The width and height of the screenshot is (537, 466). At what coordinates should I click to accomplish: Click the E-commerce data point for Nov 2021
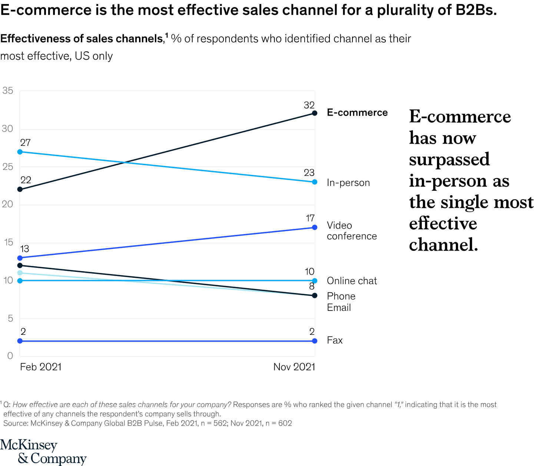point(315,113)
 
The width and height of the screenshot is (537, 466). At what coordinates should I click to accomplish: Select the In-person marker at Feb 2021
point(20,152)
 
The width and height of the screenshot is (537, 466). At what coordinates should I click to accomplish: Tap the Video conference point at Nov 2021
point(315,227)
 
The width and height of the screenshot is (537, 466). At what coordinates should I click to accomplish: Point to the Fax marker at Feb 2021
point(20,341)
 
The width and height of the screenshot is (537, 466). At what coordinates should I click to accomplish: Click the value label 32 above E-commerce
point(309,105)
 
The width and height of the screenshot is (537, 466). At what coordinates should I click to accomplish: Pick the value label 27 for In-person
point(25,143)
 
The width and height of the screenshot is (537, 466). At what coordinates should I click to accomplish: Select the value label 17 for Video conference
point(310,218)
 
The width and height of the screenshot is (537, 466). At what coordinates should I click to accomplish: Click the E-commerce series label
point(357,113)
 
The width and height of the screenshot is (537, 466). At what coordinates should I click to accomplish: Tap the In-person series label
point(348,183)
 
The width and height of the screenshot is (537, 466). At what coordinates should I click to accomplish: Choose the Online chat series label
point(352,281)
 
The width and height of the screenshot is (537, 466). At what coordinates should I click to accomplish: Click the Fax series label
point(335,340)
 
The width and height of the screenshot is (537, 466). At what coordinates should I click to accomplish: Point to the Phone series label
point(341,296)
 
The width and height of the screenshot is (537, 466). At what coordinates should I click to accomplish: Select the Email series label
point(339,307)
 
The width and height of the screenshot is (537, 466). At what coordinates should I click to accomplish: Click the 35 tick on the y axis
point(7,91)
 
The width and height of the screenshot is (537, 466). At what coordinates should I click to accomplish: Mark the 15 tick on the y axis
point(7,243)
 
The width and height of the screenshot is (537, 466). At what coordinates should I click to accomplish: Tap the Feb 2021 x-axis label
point(41,367)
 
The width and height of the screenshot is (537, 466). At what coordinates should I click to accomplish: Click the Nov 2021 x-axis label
point(294,367)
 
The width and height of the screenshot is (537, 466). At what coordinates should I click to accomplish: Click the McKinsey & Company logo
point(43,452)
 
